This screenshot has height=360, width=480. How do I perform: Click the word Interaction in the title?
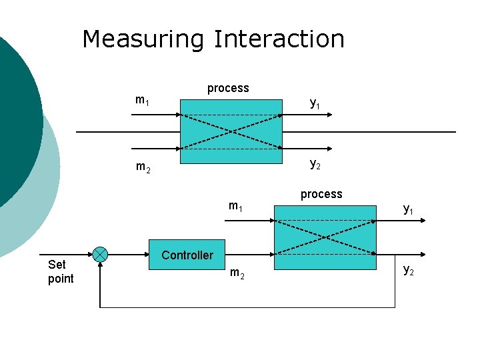pyautogui.click(x=279, y=39)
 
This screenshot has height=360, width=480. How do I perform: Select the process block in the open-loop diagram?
pyautogui.click(x=231, y=131)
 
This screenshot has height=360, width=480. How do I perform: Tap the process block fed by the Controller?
pyautogui.click(x=325, y=237)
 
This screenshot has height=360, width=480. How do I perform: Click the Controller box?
pyautogui.click(x=187, y=255)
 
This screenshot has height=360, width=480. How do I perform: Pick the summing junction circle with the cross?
pyautogui.click(x=100, y=254)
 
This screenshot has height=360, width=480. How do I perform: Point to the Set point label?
pyautogui.click(x=61, y=271)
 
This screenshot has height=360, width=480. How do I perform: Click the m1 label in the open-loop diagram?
pyautogui.click(x=142, y=100)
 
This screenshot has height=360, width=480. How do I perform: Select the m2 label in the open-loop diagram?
pyautogui.click(x=143, y=167)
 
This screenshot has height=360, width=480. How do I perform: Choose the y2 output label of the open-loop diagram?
pyautogui.click(x=315, y=165)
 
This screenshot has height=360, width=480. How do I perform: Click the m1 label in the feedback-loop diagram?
pyautogui.click(x=235, y=206)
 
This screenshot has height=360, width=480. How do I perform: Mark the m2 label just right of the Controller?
pyautogui.click(x=237, y=273)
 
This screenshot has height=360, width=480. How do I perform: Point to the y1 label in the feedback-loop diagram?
pyautogui.click(x=408, y=209)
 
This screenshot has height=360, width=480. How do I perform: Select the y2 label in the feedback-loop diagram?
pyautogui.click(x=408, y=270)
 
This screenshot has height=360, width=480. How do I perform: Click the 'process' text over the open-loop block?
pyautogui.click(x=228, y=88)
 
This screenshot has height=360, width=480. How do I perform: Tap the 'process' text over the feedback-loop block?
pyautogui.click(x=321, y=194)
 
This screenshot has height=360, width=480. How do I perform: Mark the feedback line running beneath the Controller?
pyautogui.click(x=247, y=307)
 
